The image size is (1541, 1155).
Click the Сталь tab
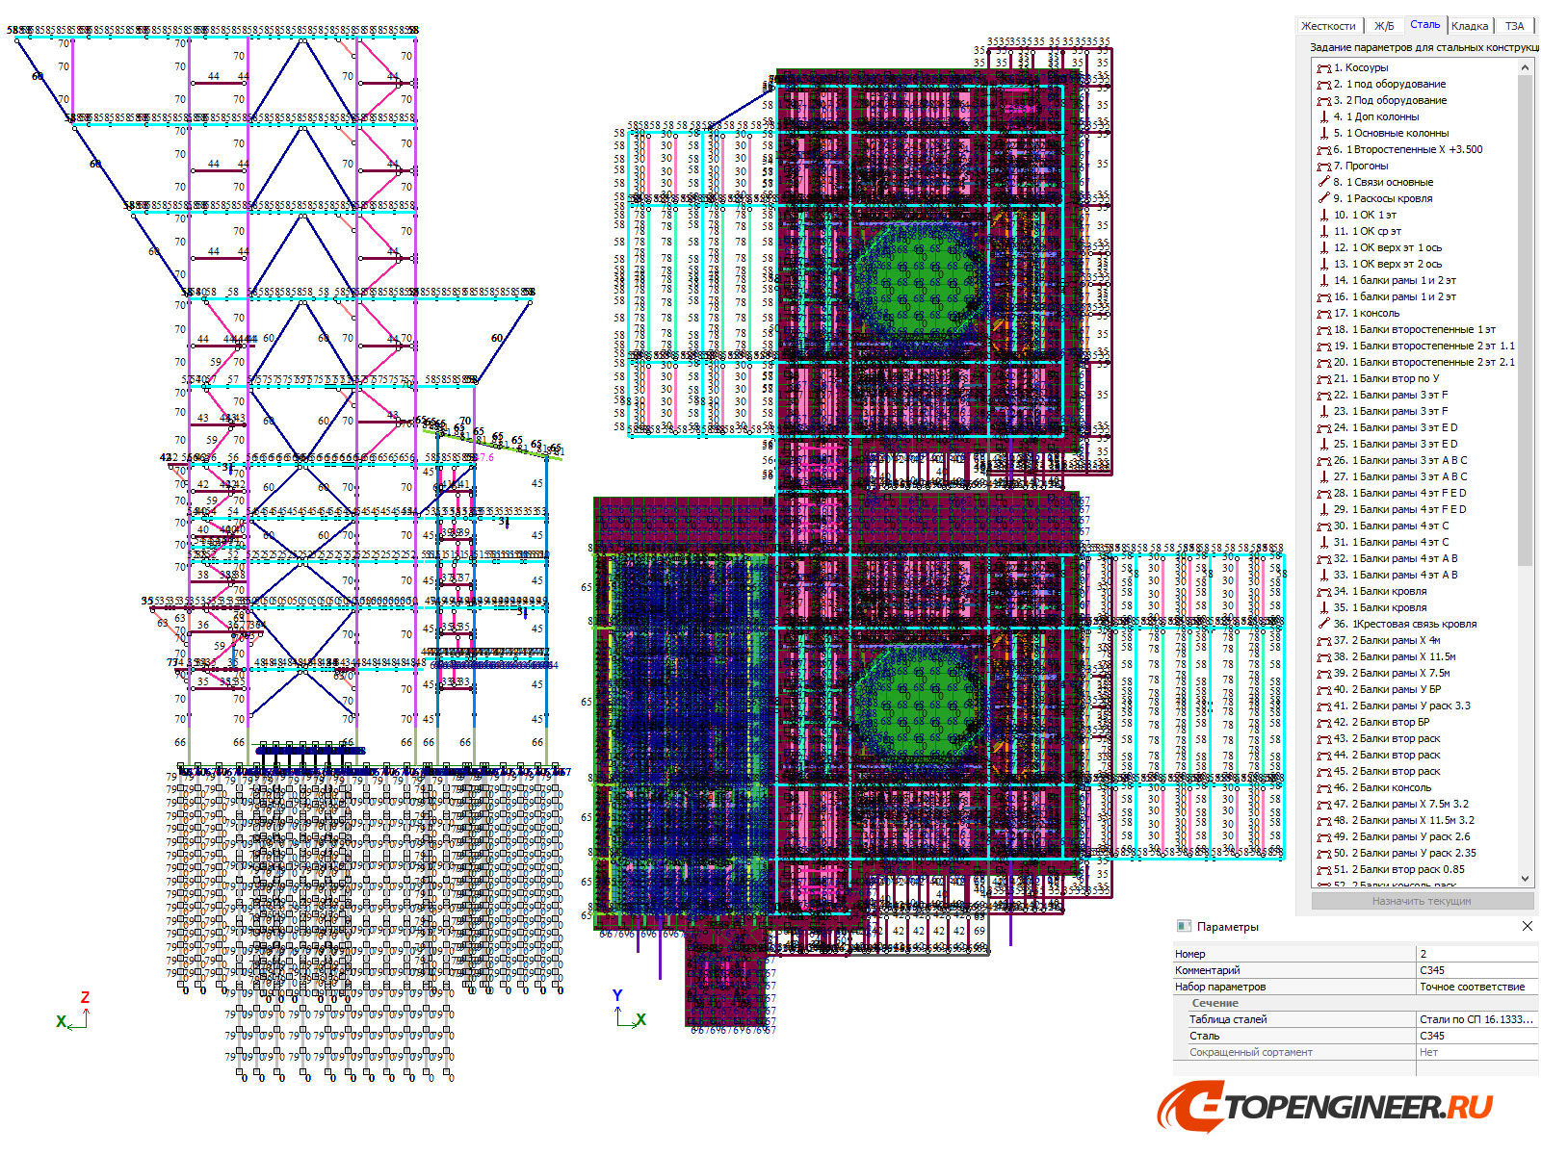click(1424, 25)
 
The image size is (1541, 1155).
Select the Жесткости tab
click(1328, 26)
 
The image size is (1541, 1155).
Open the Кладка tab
click(1469, 26)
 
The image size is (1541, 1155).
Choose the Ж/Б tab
click(1384, 26)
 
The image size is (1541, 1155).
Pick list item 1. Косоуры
click(1360, 67)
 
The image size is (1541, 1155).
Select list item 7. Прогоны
click(1360, 166)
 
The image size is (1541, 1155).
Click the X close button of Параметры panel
click(1527, 926)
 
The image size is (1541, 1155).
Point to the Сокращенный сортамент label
click(1250, 1052)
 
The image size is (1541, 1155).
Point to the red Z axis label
click(85, 998)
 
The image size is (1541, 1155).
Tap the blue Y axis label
click(617, 996)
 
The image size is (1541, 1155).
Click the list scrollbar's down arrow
click(1525, 878)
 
